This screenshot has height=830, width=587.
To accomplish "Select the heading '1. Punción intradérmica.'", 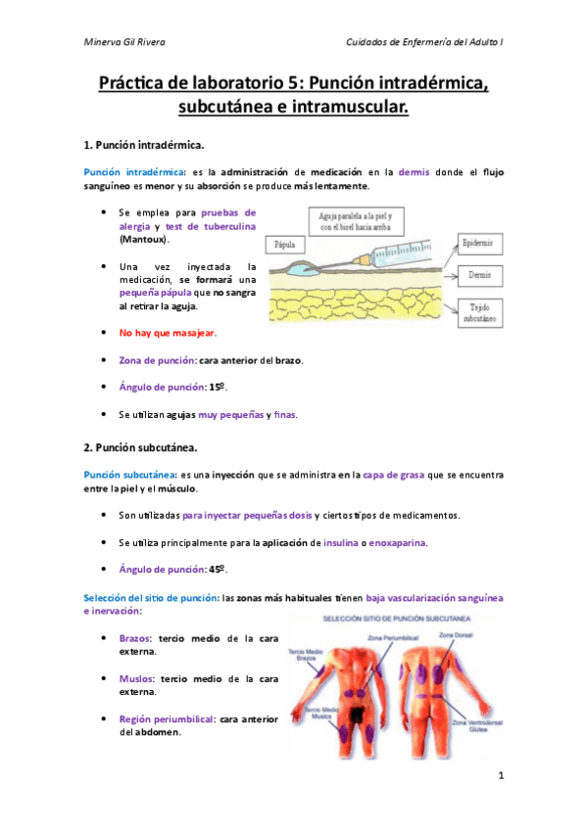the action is tap(144, 146).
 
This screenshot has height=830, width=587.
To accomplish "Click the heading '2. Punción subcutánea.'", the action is tap(141, 448).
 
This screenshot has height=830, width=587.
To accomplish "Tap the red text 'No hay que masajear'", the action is tap(167, 334).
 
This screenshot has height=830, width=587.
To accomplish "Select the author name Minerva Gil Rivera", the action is tap(124, 43).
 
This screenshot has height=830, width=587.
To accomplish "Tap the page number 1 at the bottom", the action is tap(500, 776).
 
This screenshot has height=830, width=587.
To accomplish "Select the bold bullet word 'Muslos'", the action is tap(137, 677).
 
